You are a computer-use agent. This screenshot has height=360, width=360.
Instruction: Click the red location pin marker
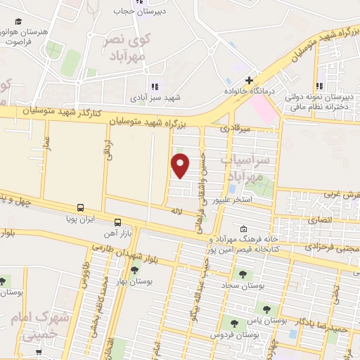[181, 165]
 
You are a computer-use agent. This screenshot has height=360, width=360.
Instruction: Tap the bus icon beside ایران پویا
[80, 208]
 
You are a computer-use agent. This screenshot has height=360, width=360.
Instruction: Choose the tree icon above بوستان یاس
[266, 309]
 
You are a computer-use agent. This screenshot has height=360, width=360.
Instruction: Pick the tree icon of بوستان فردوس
[233, 323]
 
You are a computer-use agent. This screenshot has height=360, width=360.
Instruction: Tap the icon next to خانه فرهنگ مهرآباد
[243, 229]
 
